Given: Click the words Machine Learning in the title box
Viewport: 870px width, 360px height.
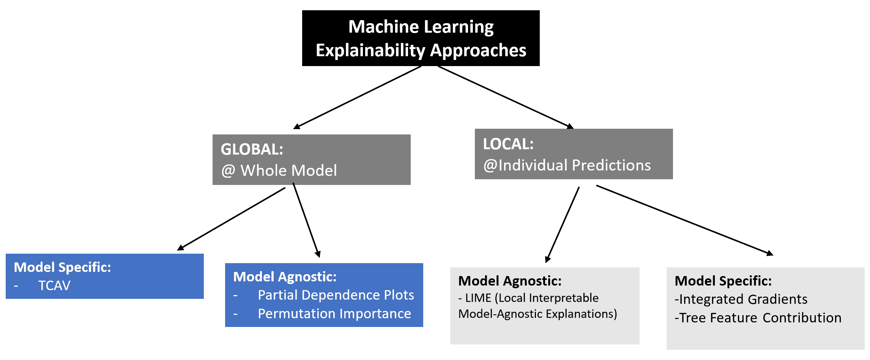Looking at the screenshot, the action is [x=421, y=27].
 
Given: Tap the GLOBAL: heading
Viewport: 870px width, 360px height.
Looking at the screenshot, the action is [x=252, y=149].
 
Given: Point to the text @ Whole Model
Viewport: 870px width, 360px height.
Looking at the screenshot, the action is [x=279, y=171].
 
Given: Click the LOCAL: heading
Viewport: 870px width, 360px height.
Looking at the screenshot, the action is [x=508, y=144].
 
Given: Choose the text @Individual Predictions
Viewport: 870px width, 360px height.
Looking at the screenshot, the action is [x=567, y=165].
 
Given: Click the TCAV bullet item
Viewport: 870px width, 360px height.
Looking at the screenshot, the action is [x=54, y=286].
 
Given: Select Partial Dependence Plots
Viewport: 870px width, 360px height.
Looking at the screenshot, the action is [x=336, y=295].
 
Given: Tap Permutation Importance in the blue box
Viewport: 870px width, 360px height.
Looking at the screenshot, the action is [x=334, y=314].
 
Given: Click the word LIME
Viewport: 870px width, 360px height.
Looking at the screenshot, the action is [x=478, y=298].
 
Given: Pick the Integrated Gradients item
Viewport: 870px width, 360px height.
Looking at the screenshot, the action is [x=741, y=299].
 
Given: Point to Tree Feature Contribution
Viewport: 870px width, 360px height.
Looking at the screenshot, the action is [x=758, y=318].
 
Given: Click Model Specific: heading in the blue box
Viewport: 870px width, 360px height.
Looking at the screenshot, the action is [x=63, y=267].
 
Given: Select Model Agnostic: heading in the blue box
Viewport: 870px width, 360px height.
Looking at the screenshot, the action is [x=285, y=277].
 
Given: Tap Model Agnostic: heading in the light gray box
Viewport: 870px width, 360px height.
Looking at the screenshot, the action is [x=510, y=281].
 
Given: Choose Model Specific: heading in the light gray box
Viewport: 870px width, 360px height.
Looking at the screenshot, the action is [x=723, y=281].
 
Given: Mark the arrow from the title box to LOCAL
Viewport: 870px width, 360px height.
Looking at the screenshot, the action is [x=506, y=98].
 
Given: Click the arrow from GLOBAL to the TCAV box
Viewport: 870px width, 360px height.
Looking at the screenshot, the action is [x=231, y=219].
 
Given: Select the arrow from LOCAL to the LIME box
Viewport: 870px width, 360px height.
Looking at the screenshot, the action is [x=562, y=225].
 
